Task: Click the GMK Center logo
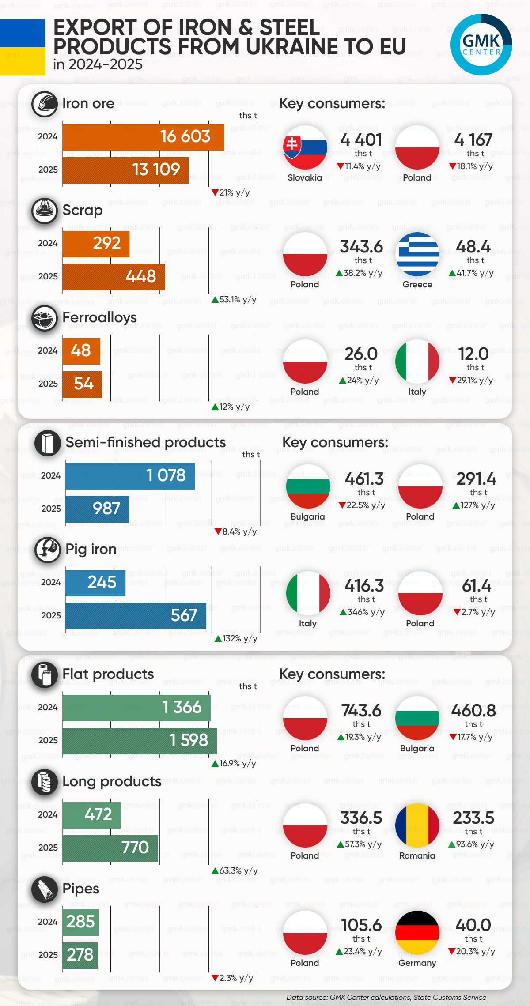click(481, 45)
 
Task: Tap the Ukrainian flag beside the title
click(23, 47)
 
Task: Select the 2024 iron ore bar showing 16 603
click(143, 137)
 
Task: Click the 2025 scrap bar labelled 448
click(114, 277)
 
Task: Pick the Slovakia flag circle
click(305, 147)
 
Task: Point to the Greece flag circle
click(417, 254)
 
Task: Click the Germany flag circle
click(417, 933)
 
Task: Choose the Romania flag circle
click(417, 825)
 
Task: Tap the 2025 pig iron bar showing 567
click(135, 616)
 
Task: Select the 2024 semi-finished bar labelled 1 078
click(130, 476)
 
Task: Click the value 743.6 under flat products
click(361, 711)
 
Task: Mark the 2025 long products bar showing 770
click(110, 848)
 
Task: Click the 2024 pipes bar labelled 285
click(80, 922)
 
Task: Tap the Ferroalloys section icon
click(44, 318)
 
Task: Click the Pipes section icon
click(44, 889)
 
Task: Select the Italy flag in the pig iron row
click(308, 593)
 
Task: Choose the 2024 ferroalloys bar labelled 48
click(81, 351)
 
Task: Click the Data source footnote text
click(386, 997)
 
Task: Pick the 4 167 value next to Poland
click(473, 140)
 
